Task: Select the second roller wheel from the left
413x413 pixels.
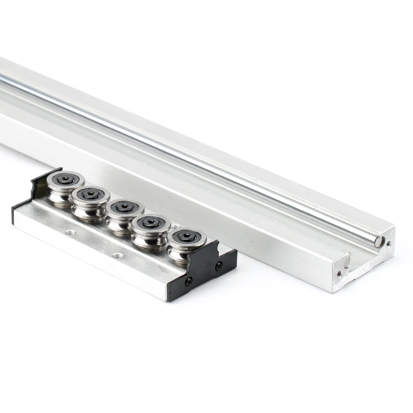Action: (90, 199)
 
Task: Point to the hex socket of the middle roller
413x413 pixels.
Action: (124, 206)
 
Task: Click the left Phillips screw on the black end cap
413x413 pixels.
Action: (189, 281)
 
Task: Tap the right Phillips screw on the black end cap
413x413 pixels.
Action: (219, 265)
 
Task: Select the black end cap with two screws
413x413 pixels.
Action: (206, 268)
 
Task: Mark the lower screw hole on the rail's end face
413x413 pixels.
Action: (339, 274)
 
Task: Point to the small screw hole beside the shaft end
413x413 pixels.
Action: (388, 243)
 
